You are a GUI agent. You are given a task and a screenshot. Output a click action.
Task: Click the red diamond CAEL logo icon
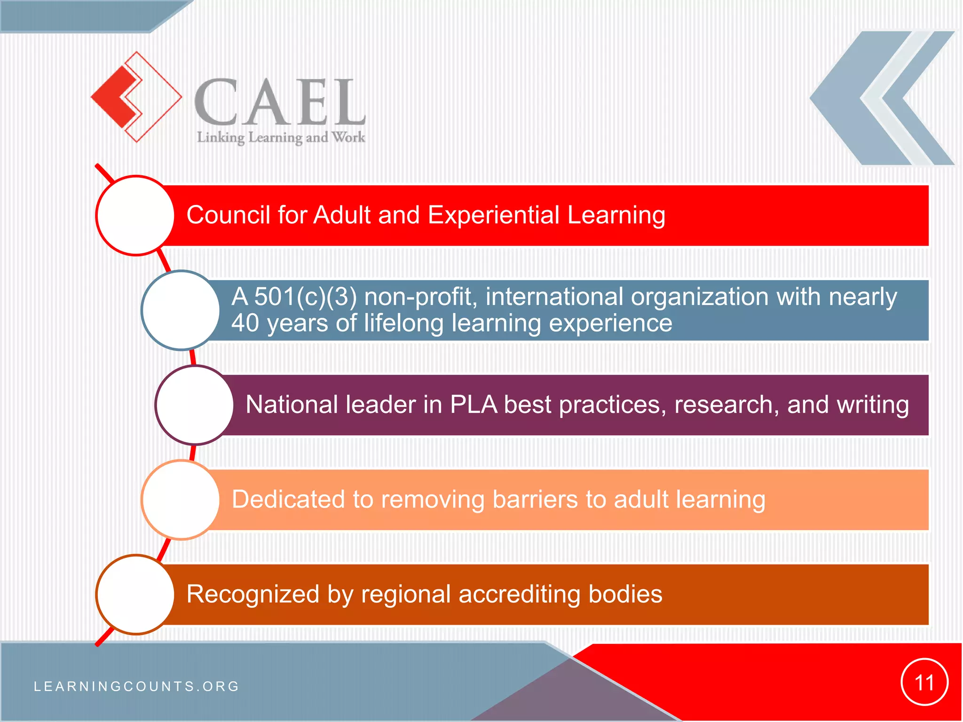135,97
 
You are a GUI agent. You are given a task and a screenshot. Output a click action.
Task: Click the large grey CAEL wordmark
280,102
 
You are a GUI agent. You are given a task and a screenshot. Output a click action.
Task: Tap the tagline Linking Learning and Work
281,138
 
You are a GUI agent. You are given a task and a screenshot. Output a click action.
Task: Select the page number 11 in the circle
924,683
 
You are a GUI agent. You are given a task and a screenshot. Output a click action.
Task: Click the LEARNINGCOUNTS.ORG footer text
137,686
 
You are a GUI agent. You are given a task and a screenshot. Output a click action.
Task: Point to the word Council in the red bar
228,215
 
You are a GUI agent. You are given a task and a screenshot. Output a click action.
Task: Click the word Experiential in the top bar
493,215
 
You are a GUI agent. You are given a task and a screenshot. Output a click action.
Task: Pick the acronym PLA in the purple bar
473,405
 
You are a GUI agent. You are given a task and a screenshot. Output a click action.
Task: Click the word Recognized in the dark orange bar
253,594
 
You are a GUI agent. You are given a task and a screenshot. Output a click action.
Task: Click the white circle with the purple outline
194,405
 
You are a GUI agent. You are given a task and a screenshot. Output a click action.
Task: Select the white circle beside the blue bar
181,310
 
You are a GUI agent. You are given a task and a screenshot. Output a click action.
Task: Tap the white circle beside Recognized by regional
136,594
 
